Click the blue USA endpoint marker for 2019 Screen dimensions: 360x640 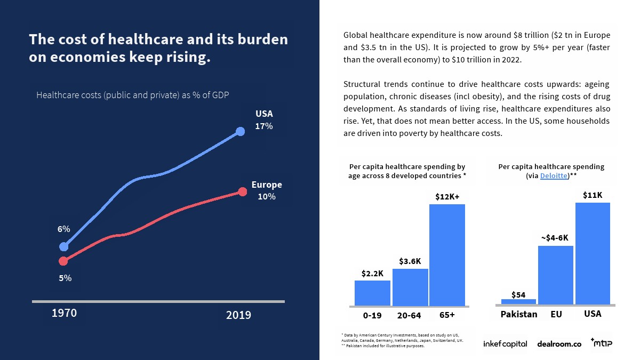(240, 131)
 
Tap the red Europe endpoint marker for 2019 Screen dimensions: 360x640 (242, 191)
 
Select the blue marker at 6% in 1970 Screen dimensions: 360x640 (64, 246)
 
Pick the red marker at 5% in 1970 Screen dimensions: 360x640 (63, 261)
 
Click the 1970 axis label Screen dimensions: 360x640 (64, 313)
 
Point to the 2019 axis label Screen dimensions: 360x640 (238, 315)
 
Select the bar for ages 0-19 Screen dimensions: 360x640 (372, 293)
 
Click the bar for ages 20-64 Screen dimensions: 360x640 (410, 287)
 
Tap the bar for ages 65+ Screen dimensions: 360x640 (447, 255)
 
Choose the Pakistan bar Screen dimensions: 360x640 (518, 302)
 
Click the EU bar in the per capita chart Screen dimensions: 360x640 (555, 275)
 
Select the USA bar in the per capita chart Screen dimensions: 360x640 (593, 253)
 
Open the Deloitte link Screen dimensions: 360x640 (554, 175)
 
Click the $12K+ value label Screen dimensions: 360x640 (447, 196)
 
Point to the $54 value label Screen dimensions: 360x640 (518, 294)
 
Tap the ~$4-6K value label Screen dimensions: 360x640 (555, 238)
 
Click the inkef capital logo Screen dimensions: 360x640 (505, 344)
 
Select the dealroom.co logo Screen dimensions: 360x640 (558, 344)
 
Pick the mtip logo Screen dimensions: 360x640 (601, 342)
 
